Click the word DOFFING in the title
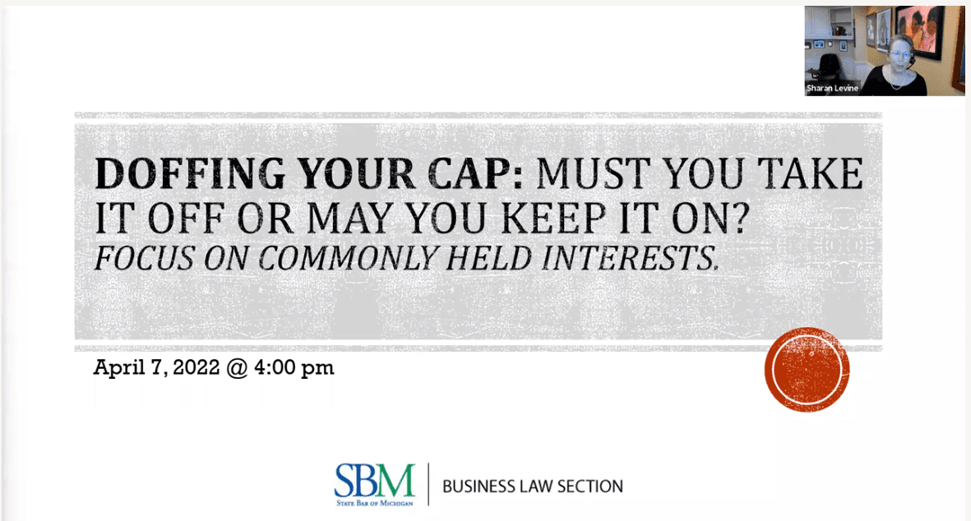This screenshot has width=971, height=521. (190, 174)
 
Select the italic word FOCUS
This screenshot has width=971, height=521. (145, 258)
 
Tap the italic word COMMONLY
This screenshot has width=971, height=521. (348, 258)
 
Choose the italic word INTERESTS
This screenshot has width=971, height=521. (630, 258)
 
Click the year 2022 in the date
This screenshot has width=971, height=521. (196, 367)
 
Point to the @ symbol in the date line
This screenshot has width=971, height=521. (237, 367)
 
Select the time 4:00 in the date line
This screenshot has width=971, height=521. (275, 367)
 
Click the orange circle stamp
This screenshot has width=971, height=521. (807, 370)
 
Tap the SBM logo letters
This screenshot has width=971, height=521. (375, 480)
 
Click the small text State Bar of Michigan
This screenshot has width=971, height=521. (375, 503)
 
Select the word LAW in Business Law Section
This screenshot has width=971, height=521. (528, 486)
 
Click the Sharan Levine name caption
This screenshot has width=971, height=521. (832, 89)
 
